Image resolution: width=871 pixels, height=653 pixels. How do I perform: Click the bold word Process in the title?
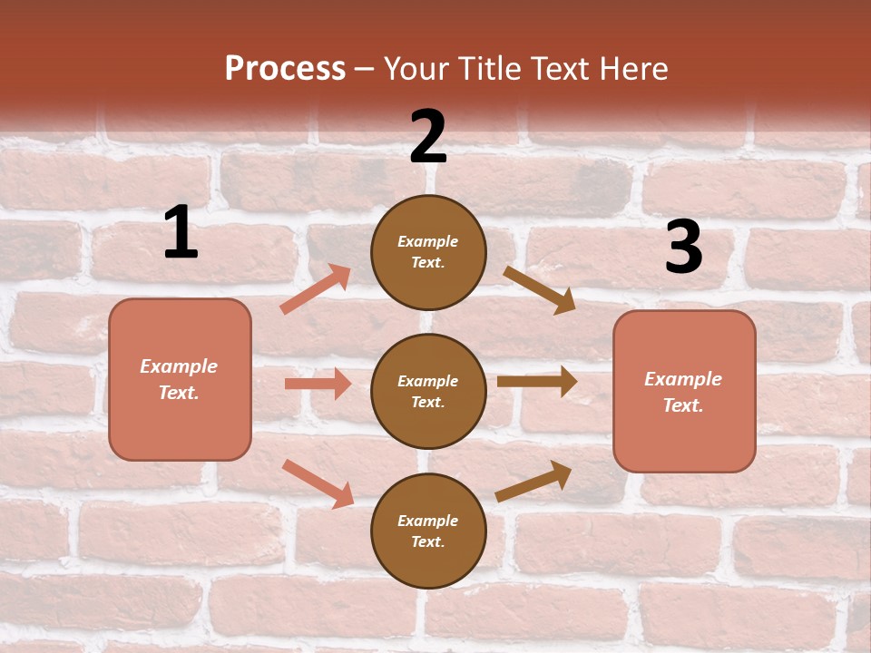tap(285, 69)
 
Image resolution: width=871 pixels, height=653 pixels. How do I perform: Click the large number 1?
tap(181, 233)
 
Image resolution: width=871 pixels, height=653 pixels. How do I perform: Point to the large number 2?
tap(428, 137)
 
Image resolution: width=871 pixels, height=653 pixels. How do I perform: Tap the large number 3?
tap(683, 249)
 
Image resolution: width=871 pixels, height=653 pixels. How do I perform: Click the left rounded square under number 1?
tap(180, 379)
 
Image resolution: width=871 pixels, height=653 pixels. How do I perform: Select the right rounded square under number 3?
tap(684, 392)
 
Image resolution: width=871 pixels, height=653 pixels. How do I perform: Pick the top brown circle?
tap(428, 252)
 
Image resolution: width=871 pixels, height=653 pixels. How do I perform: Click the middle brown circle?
tap(428, 391)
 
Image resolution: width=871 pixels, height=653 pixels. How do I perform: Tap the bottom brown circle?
tap(428, 531)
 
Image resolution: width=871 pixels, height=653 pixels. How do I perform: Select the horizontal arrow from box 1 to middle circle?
tap(318, 384)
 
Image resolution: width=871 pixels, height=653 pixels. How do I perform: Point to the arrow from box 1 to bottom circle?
tap(318, 483)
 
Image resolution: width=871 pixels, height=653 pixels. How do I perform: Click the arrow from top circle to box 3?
tap(539, 289)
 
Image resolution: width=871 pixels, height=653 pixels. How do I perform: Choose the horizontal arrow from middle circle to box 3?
tap(536, 382)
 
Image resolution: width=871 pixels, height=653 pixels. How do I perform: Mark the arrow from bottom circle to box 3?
tap(533, 482)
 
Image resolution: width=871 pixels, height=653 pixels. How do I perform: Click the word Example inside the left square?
tap(179, 366)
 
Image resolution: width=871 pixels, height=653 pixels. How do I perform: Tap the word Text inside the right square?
tap(682, 405)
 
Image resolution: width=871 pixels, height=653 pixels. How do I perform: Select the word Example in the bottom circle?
tap(427, 521)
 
